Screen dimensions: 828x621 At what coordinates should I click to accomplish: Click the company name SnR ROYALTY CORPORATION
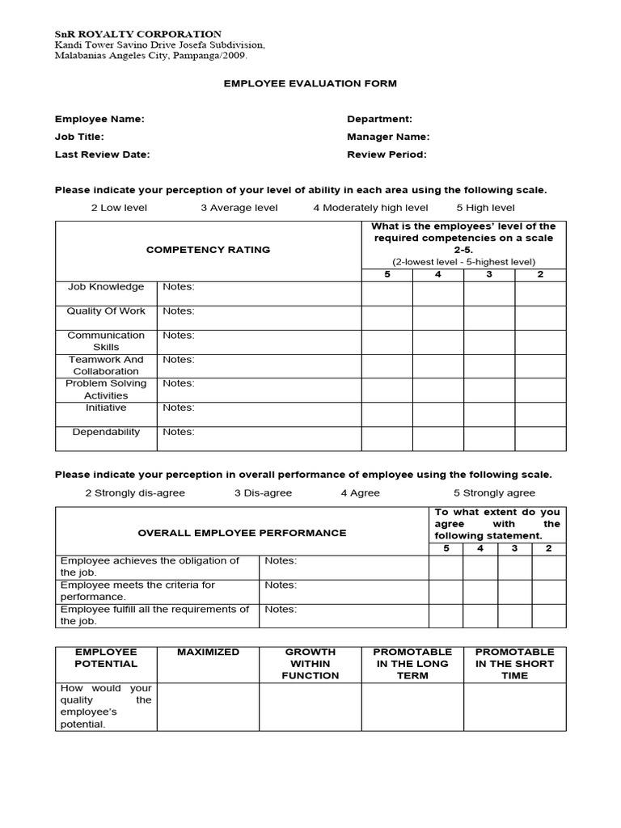click(138, 34)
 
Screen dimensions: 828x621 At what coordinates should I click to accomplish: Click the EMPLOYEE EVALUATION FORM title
click(310, 83)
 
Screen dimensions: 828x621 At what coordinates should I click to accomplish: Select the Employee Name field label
click(99, 119)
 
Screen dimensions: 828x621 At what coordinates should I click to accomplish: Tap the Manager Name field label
click(388, 137)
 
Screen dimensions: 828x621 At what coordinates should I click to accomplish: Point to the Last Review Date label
click(102, 154)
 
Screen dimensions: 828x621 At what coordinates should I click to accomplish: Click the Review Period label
click(387, 154)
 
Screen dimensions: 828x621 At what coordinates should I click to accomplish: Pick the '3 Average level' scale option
click(239, 208)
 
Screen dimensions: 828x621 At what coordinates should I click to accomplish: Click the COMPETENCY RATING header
click(208, 250)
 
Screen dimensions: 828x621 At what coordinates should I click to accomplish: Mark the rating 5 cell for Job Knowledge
click(387, 294)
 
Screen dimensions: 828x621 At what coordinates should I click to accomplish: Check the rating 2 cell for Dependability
click(540, 438)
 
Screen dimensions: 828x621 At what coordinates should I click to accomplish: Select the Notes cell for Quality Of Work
click(260, 317)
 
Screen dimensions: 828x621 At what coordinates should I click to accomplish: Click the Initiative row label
click(106, 408)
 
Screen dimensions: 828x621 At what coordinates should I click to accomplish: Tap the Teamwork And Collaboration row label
click(106, 365)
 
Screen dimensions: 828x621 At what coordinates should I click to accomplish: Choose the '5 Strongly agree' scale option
click(494, 492)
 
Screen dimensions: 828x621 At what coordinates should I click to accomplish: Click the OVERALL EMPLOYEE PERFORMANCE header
click(242, 533)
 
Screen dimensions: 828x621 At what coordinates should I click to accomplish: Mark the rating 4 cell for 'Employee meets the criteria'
click(480, 591)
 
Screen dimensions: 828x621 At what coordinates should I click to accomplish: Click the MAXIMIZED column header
click(208, 652)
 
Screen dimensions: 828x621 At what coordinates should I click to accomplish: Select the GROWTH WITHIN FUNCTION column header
click(310, 663)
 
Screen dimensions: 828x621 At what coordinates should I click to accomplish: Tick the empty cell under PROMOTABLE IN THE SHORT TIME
click(514, 707)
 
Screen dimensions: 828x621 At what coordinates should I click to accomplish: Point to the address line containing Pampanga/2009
click(151, 57)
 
